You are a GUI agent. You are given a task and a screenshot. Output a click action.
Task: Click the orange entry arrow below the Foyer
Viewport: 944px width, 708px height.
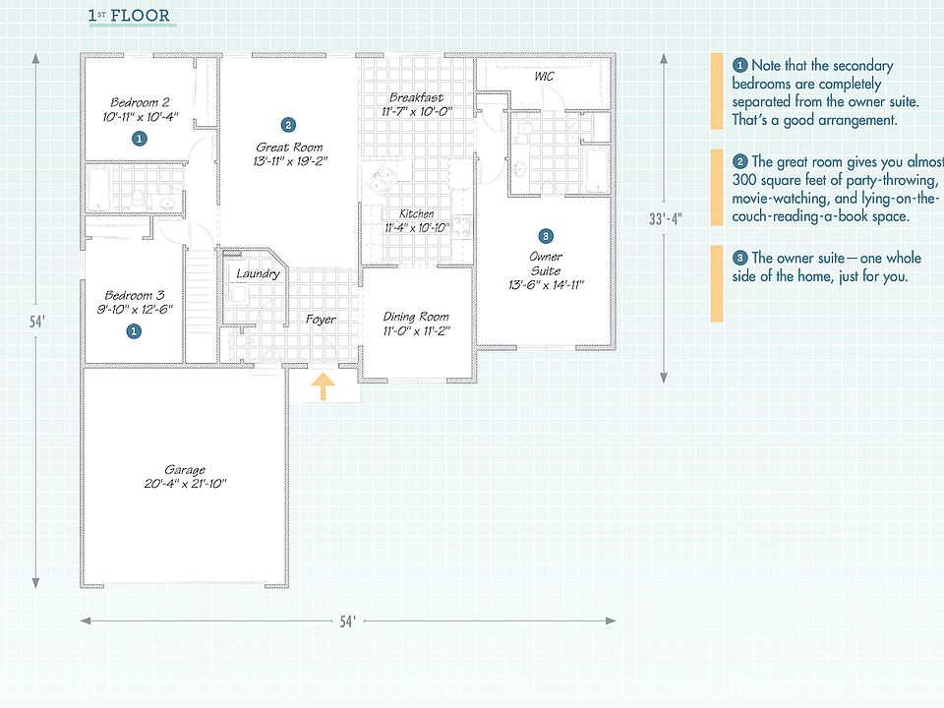pos(322,386)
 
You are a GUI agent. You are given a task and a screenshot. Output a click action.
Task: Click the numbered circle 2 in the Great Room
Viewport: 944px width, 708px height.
pos(287,125)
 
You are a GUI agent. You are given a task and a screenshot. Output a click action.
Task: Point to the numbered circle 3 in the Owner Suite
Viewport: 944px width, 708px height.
pos(546,236)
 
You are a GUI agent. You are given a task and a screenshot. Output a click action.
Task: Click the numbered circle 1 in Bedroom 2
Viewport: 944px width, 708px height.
pos(140,139)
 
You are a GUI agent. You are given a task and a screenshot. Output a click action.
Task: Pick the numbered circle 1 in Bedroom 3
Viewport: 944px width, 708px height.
pos(133,332)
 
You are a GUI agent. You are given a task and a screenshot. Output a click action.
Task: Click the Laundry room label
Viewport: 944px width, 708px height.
pos(258,274)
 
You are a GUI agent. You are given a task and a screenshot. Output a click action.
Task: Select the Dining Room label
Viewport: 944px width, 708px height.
pos(416,317)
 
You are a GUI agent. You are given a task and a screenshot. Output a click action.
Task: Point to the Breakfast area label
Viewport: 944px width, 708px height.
pos(416,97)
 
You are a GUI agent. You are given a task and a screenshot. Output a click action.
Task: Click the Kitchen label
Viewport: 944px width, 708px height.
pos(416,214)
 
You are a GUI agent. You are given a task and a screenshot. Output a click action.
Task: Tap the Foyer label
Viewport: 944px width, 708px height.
pos(321,320)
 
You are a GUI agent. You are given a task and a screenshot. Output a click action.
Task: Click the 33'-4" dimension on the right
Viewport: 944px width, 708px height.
pos(665,219)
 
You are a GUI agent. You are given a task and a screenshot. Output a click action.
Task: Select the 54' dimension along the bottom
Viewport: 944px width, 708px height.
pos(347,621)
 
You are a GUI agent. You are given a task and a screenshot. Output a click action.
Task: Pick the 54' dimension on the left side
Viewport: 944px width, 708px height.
pos(37,320)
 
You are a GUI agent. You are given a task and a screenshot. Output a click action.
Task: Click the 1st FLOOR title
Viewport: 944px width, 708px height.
pos(129,16)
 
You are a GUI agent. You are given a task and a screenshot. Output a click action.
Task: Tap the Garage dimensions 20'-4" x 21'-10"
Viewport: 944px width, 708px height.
pos(186,484)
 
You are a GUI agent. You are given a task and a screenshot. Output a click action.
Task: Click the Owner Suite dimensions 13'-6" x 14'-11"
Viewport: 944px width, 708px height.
pos(545,285)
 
